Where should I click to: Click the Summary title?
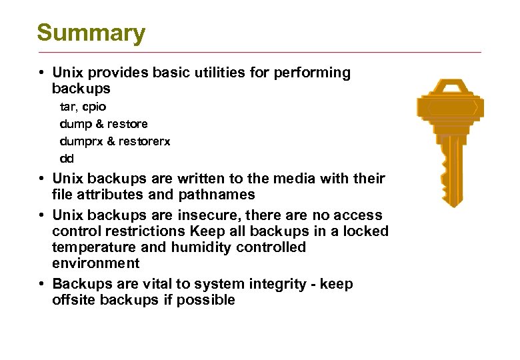(x=91, y=33)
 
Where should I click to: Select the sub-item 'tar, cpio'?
(x=83, y=107)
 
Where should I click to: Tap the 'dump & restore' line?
(x=103, y=124)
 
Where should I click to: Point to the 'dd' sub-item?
(x=67, y=159)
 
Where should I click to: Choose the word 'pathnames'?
(x=217, y=195)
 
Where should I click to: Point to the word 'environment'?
(x=96, y=263)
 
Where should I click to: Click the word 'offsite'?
(x=74, y=300)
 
